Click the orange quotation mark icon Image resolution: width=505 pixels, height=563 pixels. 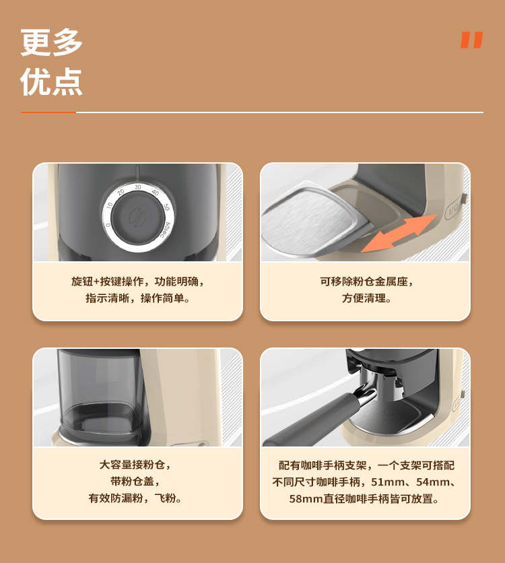pyautogui.click(x=472, y=40)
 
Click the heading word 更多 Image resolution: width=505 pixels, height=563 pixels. pyautogui.click(x=52, y=42)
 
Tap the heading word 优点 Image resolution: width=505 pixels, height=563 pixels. pyautogui.click(x=52, y=82)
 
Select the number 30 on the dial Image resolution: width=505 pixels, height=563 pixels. pyautogui.click(x=138, y=187)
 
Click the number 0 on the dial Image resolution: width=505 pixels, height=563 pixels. pyautogui.click(x=108, y=225)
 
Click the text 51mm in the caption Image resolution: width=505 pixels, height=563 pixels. pyautogui.click(x=386, y=482)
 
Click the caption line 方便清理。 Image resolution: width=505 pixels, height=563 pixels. pyautogui.click(x=366, y=298)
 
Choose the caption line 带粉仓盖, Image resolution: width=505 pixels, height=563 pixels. pyautogui.click(x=137, y=482)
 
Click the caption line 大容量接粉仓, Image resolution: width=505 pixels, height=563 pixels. pyautogui.click(x=137, y=465)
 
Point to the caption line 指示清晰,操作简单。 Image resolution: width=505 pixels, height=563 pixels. pyautogui.click(x=137, y=298)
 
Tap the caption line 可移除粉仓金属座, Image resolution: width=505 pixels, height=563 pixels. pyautogui.click(x=366, y=281)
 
